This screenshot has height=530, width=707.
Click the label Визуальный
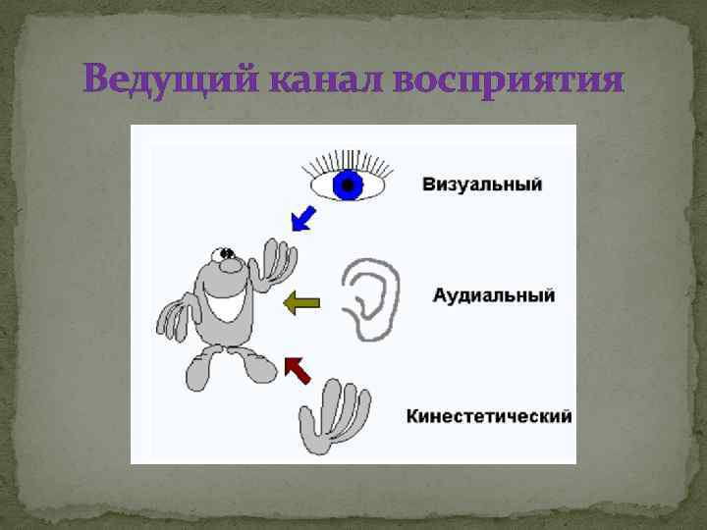(482, 185)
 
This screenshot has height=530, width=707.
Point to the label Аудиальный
(494, 294)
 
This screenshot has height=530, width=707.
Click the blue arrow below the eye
(303, 218)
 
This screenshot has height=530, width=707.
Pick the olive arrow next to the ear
(300, 303)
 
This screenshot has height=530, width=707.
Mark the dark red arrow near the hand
(297, 369)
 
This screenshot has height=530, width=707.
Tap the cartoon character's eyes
(228, 255)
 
